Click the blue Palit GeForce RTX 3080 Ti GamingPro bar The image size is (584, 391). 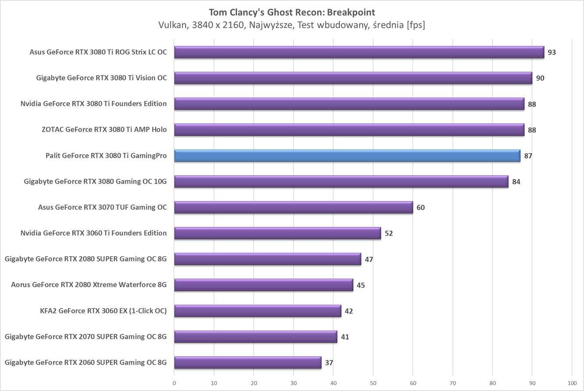(x=347, y=156)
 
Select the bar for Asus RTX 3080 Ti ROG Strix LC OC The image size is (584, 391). (x=359, y=52)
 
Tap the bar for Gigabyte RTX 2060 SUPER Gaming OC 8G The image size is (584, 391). (x=248, y=363)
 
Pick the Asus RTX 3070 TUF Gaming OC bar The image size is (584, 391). (x=294, y=207)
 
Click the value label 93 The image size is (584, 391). (x=552, y=52)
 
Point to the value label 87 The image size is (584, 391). (x=528, y=156)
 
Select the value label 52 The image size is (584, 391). (x=389, y=233)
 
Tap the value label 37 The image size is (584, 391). (x=329, y=363)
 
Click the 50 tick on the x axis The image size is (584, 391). (x=373, y=383)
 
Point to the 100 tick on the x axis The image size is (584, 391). (x=571, y=383)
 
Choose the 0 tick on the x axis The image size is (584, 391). (x=174, y=383)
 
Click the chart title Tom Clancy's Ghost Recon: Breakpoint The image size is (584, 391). (x=292, y=12)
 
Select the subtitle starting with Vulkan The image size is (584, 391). (x=292, y=25)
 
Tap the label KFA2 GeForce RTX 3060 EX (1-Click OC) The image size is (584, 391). (x=103, y=311)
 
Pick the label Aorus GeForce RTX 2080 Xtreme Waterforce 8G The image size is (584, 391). (x=89, y=285)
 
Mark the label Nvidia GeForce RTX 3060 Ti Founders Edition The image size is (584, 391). (x=93, y=233)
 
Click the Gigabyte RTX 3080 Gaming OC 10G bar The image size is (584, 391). (x=341, y=181)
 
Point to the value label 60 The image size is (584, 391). (x=421, y=207)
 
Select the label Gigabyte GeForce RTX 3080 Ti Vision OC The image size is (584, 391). (x=101, y=78)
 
